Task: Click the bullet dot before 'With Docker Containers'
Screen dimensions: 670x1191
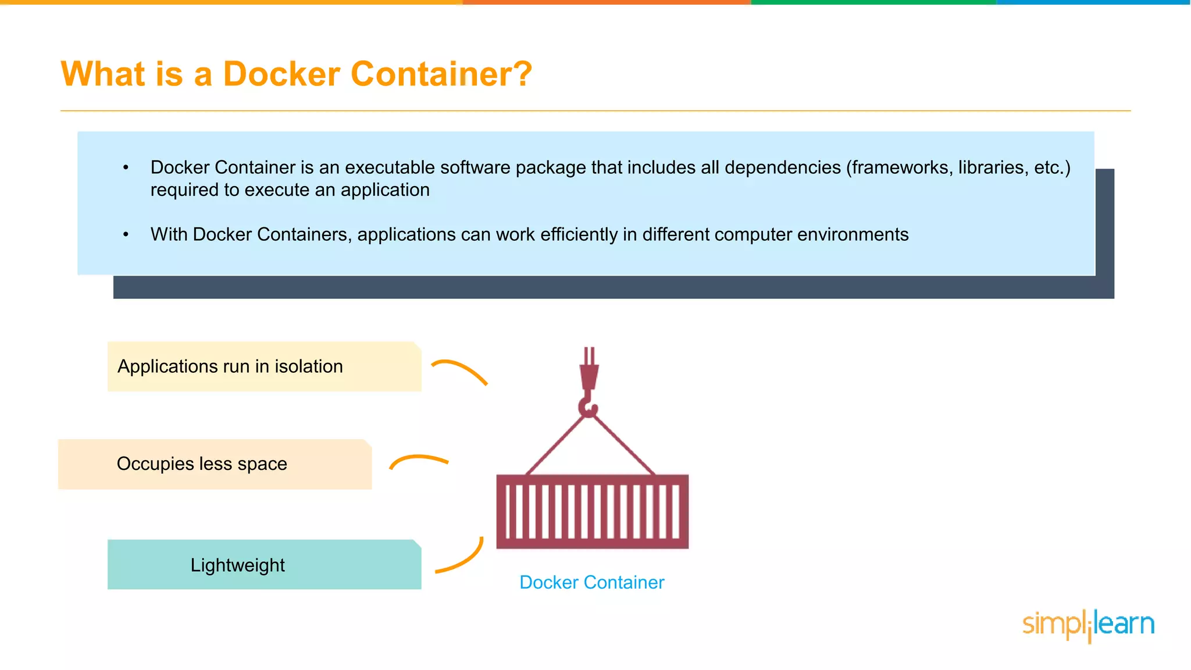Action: [126, 234]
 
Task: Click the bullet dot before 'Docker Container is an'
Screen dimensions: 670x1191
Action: [126, 168]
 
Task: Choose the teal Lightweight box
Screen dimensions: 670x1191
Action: [265, 565]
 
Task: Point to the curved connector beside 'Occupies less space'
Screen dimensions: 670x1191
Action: [419, 460]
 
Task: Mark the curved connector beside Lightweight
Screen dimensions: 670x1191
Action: [462, 558]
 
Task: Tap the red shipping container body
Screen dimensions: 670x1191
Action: [592, 512]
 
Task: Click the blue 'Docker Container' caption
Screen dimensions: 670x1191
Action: [591, 582]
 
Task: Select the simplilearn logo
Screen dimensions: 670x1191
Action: [1088, 625]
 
